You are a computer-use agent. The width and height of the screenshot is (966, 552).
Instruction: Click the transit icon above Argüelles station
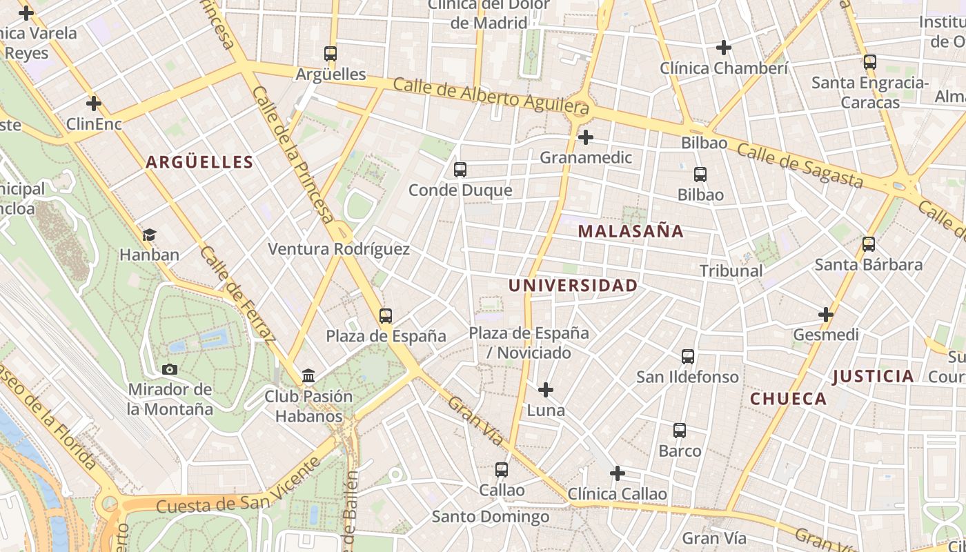(331, 53)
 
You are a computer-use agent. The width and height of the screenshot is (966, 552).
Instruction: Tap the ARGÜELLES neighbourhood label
(199, 162)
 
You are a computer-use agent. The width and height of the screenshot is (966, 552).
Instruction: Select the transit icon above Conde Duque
(460, 169)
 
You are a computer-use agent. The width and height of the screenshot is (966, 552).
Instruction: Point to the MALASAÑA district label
(631, 231)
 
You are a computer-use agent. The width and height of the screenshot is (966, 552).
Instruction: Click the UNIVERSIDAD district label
(573, 285)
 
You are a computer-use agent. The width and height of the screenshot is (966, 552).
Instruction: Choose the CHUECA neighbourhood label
(788, 399)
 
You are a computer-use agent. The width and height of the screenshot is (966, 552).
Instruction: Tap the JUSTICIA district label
(873, 376)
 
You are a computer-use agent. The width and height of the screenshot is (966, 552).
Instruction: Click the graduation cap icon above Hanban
(149, 235)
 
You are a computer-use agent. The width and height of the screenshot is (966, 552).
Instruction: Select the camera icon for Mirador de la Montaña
(170, 369)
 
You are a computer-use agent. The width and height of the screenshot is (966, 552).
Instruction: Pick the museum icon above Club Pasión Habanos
(308, 376)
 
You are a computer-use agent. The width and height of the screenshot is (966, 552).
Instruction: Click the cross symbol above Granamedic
(585, 137)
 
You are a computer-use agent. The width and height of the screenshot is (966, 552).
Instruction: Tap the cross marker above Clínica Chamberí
(723, 48)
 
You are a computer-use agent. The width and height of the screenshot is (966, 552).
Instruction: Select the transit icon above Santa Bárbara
(869, 244)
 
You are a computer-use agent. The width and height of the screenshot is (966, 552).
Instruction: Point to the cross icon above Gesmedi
(826, 315)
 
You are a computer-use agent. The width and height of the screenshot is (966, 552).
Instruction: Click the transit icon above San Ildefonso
(687, 357)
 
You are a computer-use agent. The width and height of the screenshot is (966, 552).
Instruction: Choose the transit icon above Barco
(680, 431)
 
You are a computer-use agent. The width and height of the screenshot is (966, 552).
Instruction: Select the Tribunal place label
(731, 270)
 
